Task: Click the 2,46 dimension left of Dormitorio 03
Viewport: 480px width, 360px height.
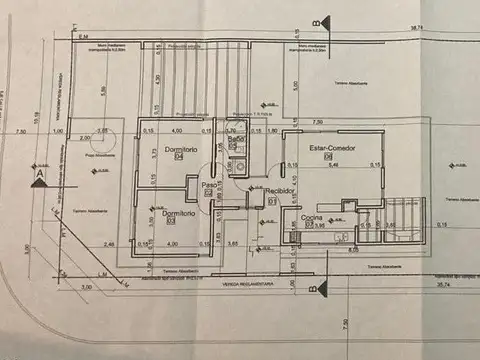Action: tap(109, 243)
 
